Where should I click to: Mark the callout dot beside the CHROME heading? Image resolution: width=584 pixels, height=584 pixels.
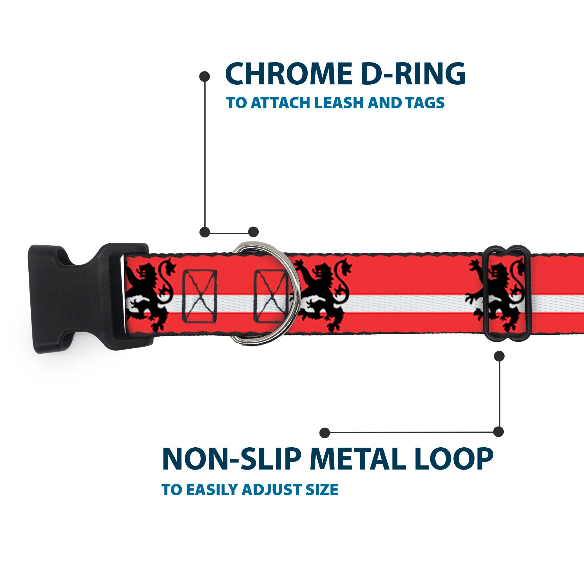pos(205,77)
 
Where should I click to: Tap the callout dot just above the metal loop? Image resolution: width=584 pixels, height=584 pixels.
pos(499,356)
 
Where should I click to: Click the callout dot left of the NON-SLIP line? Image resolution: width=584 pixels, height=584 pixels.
pos(325,432)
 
